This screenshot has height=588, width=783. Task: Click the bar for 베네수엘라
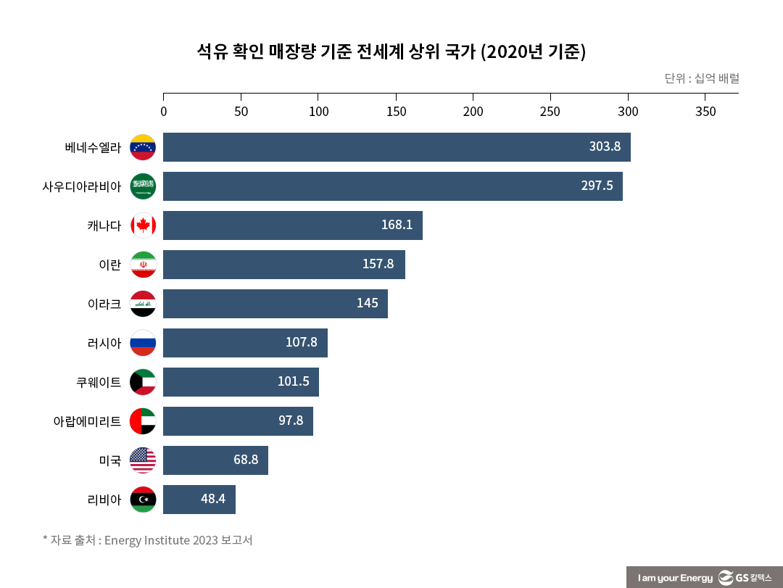click(397, 147)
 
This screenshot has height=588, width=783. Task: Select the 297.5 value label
click(597, 186)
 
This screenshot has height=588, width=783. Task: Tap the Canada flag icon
click(143, 225)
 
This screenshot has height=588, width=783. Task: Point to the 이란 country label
click(109, 265)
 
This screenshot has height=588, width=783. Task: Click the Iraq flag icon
click(143, 304)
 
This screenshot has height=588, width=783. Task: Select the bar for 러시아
click(245, 343)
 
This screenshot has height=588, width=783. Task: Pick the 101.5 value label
click(293, 381)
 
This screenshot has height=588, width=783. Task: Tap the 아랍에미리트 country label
click(87, 421)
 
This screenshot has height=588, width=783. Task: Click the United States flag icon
click(143, 460)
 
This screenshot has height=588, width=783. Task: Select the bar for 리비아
click(199, 500)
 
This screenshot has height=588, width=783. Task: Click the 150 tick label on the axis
click(396, 112)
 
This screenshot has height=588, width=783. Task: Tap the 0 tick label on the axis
click(163, 112)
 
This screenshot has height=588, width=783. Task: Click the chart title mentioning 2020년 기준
click(391, 52)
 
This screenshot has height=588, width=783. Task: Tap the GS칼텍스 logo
click(745, 577)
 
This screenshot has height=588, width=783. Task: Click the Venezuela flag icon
click(143, 147)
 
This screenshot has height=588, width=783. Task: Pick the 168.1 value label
click(397, 225)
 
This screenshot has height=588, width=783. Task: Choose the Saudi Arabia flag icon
click(143, 186)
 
